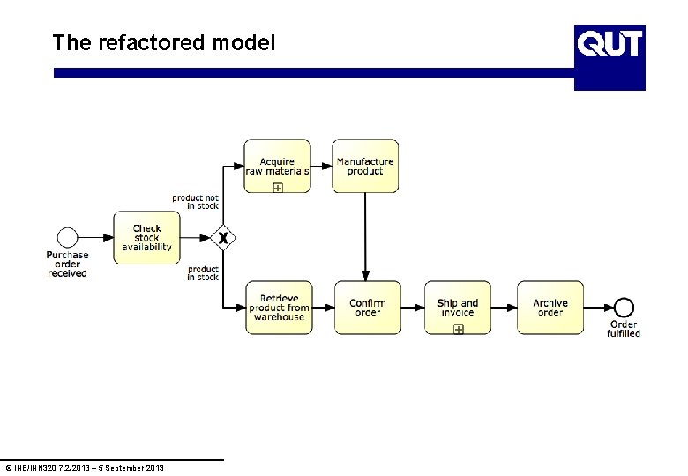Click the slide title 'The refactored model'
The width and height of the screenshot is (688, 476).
(163, 42)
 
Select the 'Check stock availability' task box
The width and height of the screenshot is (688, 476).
(146, 237)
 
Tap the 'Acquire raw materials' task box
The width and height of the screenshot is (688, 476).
(277, 166)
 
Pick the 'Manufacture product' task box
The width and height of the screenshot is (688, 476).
(365, 166)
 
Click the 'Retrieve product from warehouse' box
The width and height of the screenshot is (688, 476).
(279, 307)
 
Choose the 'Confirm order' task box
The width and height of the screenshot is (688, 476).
(367, 307)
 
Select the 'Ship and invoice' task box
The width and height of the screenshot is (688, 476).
(458, 307)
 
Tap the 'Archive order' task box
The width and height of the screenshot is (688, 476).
(550, 307)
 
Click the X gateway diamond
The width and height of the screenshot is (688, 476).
(224, 237)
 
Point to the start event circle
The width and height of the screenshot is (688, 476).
(67, 237)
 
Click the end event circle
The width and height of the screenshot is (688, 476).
(624, 307)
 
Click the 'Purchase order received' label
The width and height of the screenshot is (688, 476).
(67, 264)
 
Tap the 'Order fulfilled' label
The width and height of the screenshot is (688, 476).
(624, 329)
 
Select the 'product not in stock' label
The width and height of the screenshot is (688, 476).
(196, 202)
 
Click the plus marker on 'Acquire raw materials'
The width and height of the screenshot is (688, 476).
(277, 188)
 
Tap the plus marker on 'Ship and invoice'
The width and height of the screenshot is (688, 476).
(458, 329)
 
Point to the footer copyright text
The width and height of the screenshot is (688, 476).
(84, 467)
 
